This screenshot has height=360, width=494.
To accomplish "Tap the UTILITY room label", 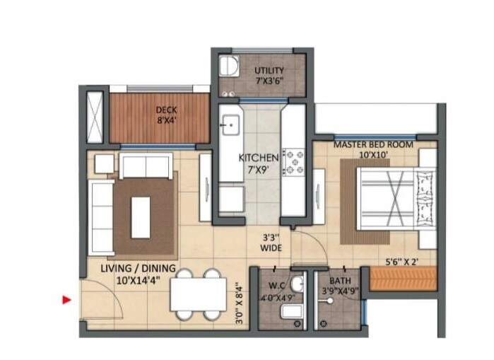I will (x=269, y=75).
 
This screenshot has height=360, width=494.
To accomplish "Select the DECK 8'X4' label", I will (x=167, y=115).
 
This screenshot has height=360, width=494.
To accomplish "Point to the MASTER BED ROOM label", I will (x=373, y=150).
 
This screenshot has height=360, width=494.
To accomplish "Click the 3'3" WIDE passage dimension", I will (x=271, y=243).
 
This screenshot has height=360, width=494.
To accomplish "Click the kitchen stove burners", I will (x=293, y=161).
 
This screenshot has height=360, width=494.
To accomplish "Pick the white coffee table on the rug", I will (x=141, y=216).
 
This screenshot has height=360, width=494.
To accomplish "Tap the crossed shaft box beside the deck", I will (x=95, y=115).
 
